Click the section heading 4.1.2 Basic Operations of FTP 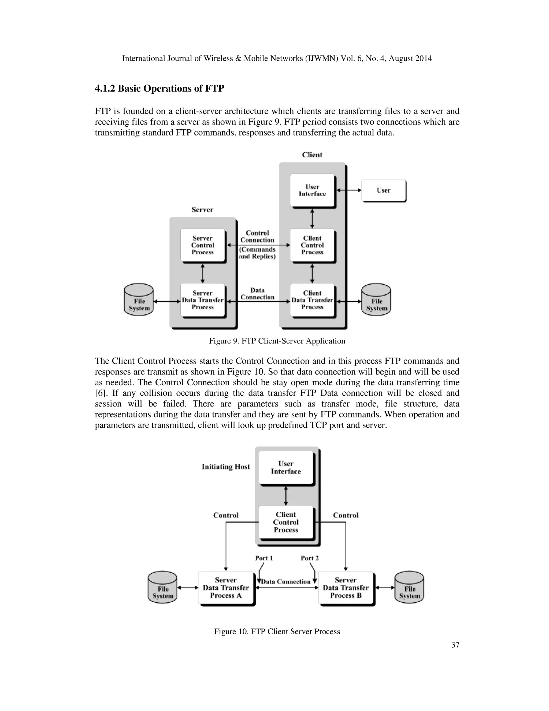click(x=159, y=89)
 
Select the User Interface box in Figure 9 click(x=312, y=190)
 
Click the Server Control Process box click(x=203, y=245)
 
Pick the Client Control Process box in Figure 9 click(x=312, y=245)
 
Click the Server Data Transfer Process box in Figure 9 click(x=203, y=300)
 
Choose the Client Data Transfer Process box click(x=312, y=300)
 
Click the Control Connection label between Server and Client click(x=257, y=237)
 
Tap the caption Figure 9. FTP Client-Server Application click(x=277, y=341)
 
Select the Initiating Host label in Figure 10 click(x=226, y=467)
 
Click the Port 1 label click(x=264, y=558)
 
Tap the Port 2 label click(x=310, y=558)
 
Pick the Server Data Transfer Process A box click(x=226, y=588)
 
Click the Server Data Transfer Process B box click(x=346, y=588)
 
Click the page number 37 click(x=455, y=645)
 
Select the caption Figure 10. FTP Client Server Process click(x=277, y=632)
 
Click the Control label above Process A click(x=226, y=515)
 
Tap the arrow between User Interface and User click(x=349, y=190)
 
